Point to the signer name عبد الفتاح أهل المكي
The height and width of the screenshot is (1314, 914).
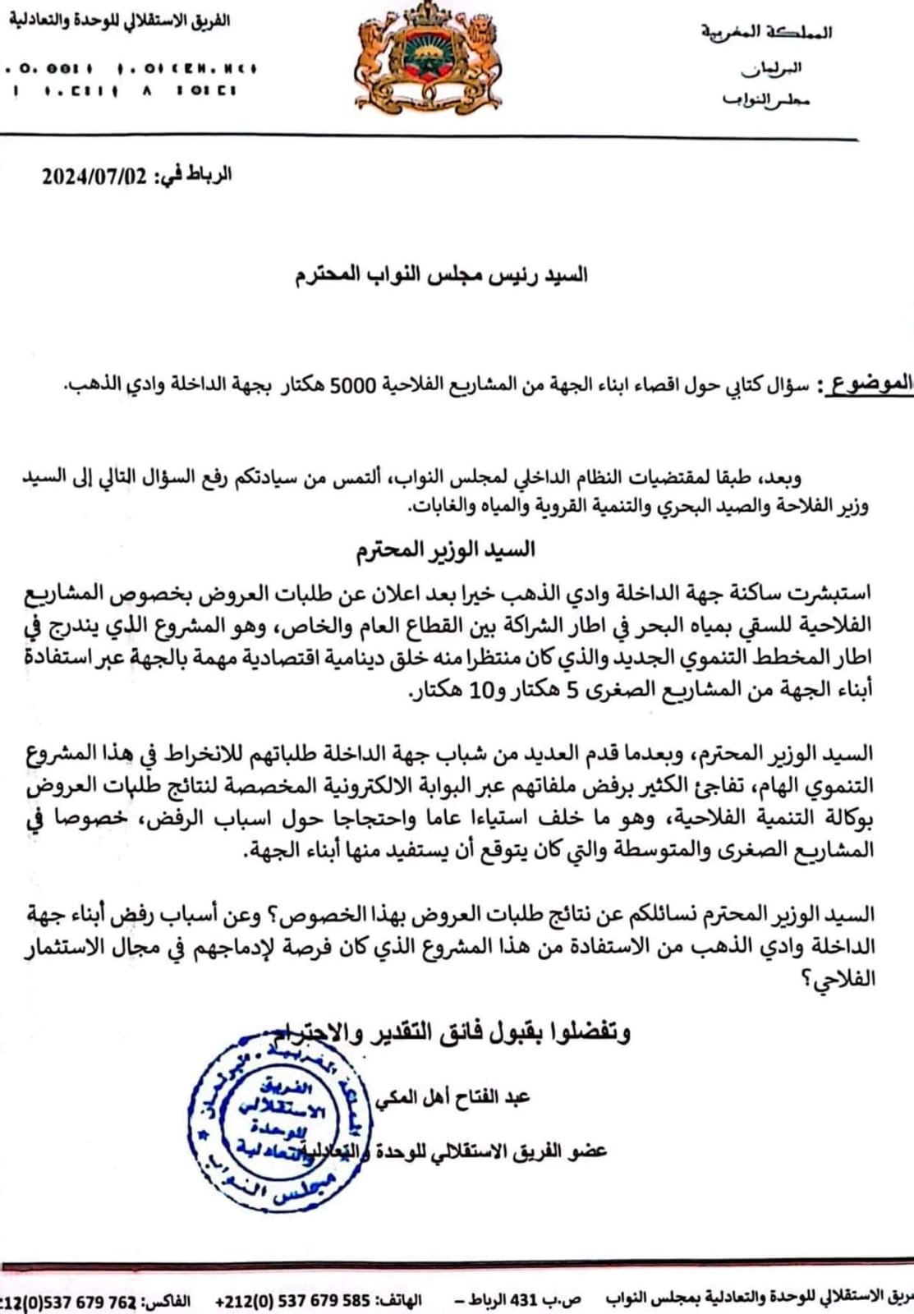point(453,1097)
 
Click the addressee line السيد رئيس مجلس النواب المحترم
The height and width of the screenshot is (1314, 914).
point(442,274)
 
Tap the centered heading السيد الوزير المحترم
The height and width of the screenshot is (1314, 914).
point(446,549)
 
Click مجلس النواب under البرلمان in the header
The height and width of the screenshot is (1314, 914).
point(765,100)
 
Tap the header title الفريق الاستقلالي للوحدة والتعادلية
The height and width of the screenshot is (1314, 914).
point(120,21)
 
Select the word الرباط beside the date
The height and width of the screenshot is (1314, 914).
point(211,176)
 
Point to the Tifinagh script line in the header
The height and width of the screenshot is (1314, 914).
point(131,69)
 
